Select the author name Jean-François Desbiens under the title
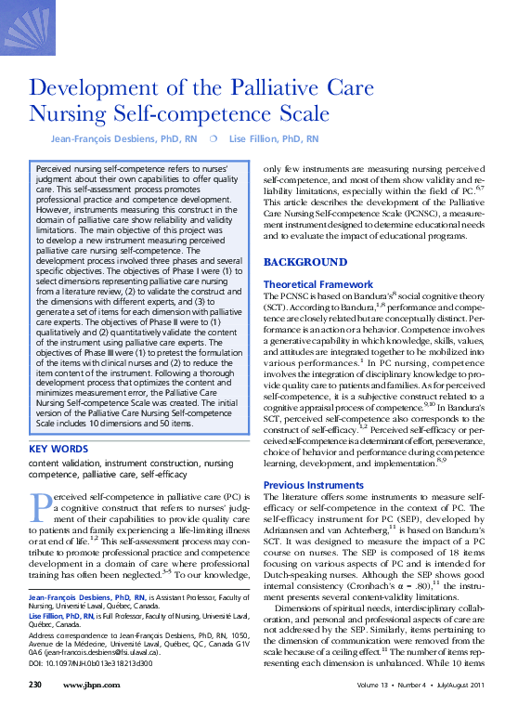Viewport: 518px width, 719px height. coord(108,138)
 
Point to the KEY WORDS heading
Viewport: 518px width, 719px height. coord(59,449)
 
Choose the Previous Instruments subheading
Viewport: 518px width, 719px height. coord(312,485)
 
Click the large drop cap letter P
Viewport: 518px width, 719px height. coord(38,503)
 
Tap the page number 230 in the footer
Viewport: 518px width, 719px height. coord(36,711)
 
